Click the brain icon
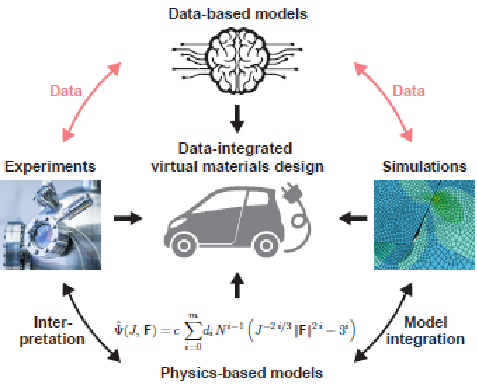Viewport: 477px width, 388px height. (x=237, y=61)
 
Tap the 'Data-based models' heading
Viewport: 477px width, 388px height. (x=238, y=13)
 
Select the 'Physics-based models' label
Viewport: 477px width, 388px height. (x=242, y=373)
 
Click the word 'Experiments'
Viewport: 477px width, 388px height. (x=50, y=167)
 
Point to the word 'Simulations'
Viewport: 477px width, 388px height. (x=424, y=166)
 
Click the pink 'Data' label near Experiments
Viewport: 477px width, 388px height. (x=66, y=91)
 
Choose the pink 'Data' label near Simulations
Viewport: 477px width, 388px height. (x=409, y=91)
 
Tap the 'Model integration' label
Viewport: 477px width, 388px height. (x=425, y=331)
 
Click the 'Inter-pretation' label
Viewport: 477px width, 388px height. (x=52, y=331)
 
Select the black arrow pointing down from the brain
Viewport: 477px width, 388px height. (x=237, y=119)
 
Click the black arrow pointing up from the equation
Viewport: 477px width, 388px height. (x=237, y=285)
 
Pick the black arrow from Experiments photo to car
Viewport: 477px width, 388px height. (x=128, y=218)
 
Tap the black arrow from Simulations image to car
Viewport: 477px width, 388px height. (x=353, y=218)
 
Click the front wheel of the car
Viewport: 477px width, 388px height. (x=184, y=245)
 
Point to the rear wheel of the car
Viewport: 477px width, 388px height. (x=267, y=245)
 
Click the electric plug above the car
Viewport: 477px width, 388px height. (x=292, y=193)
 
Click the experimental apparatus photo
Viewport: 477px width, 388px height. (x=51, y=225)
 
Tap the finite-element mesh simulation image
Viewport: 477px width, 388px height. (x=424, y=225)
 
